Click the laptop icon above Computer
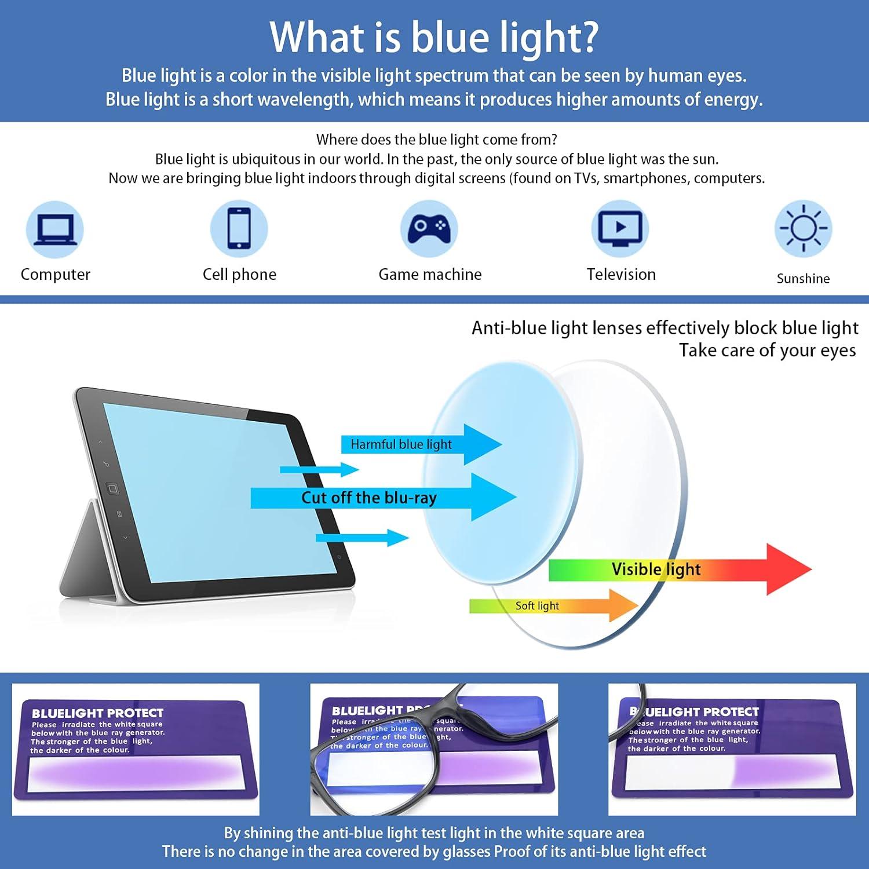point(55,229)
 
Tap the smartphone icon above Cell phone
point(239,229)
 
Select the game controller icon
point(429,229)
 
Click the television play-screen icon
point(620,229)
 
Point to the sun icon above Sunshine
point(803,229)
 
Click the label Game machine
point(430,274)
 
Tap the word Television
point(621,274)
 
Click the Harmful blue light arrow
point(420,444)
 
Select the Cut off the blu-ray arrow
point(382,498)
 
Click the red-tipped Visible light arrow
point(678,569)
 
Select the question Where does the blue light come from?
point(436,140)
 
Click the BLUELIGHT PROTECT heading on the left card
point(97,713)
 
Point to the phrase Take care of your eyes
point(767,350)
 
